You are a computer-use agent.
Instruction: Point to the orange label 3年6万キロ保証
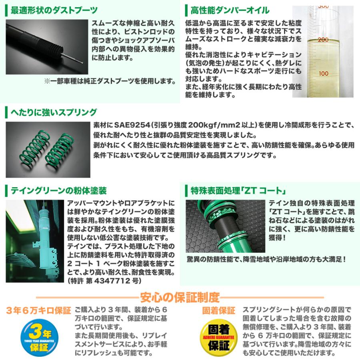[x=38, y=310]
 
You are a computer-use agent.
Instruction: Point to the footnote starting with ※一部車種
[x=110, y=81]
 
